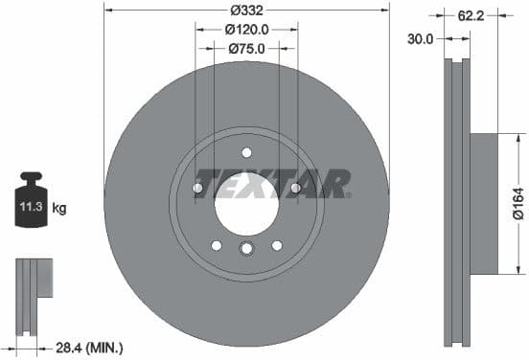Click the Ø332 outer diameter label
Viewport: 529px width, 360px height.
(246, 11)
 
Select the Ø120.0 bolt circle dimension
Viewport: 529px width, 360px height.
(246, 29)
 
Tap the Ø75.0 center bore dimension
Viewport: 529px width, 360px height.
(246, 47)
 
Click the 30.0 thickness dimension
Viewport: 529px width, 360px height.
(421, 39)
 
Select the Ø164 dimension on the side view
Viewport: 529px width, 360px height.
(517, 202)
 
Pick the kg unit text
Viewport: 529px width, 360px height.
(58, 207)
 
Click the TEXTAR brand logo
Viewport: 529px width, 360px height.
(272, 182)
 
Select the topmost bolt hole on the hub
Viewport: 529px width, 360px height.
(246, 152)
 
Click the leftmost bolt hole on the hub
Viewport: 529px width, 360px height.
(197, 188)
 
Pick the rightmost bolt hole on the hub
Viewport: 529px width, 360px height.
(295, 188)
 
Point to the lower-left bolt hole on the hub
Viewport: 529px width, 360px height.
(217, 244)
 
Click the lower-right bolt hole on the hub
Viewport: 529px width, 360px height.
(276, 244)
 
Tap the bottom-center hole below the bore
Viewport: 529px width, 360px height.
(246, 250)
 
